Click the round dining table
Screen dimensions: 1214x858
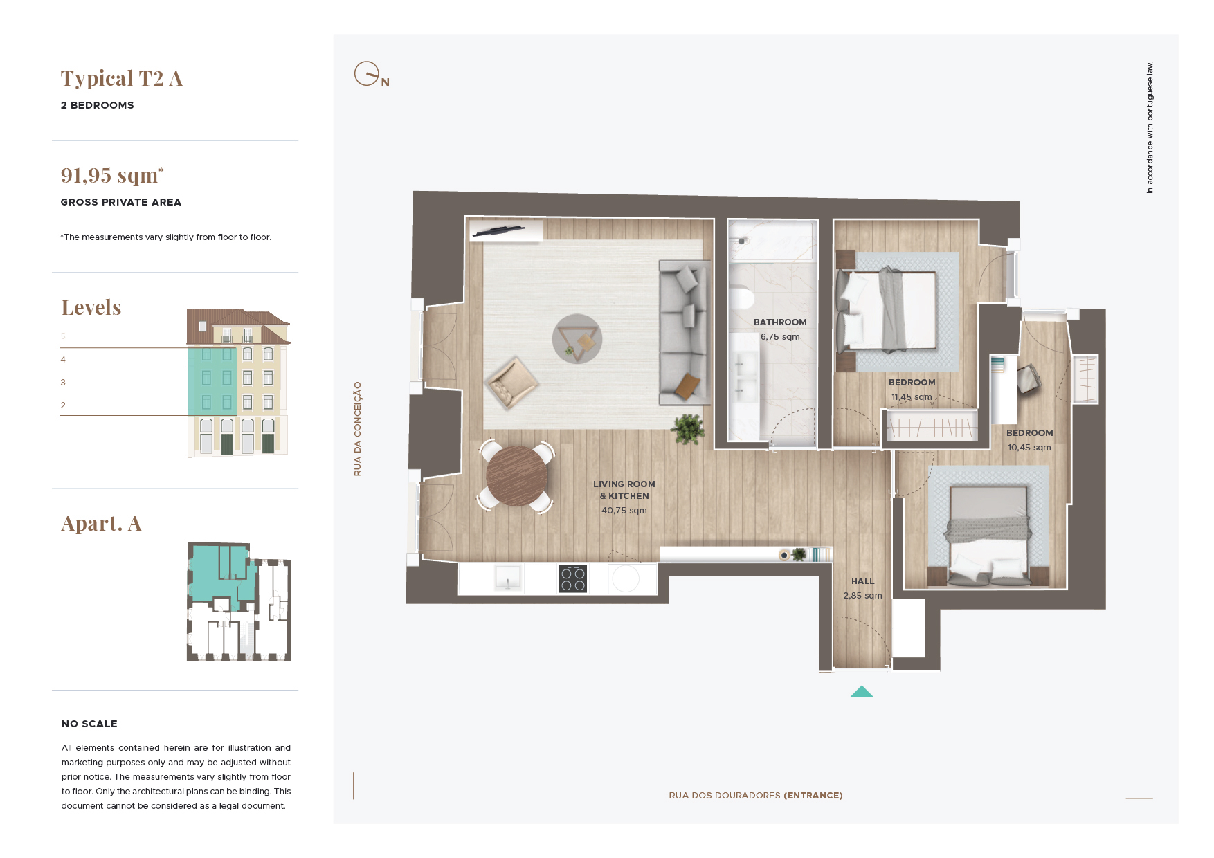pos(517,476)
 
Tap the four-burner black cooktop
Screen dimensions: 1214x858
pos(573,578)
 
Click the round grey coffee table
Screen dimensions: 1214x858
pos(577,339)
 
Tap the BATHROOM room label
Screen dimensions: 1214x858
pos(780,322)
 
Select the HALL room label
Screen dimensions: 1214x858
pos(862,581)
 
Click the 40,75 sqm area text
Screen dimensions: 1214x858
pos(624,511)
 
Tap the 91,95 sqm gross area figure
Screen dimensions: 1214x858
pos(112,175)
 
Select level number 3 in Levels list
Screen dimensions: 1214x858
pos(63,382)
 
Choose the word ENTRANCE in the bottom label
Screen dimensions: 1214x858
pos(813,796)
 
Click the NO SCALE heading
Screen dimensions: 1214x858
pos(89,724)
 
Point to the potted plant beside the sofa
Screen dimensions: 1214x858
pos(688,429)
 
